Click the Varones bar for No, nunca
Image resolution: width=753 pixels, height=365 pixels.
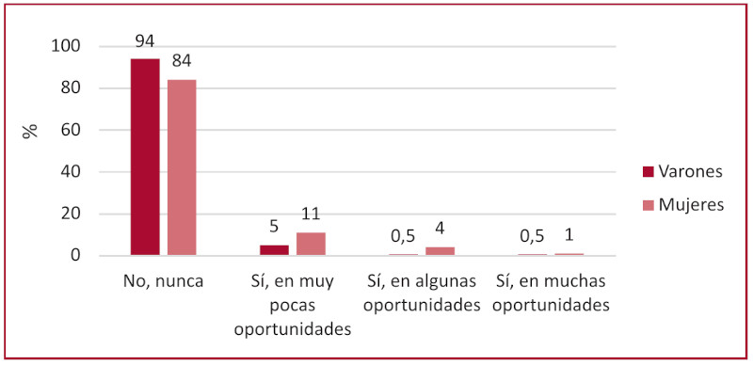(x=145, y=157)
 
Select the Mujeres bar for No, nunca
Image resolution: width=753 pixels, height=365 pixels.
(x=182, y=167)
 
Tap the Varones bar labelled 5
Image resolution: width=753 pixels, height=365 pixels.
(x=274, y=250)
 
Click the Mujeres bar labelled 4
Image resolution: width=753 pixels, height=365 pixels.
(x=440, y=251)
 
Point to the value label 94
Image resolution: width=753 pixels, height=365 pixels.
(x=145, y=40)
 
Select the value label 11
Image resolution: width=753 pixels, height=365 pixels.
(x=311, y=214)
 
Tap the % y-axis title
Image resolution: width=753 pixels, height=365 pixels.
(x=31, y=130)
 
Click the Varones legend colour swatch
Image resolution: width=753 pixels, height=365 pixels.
(x=648, y=171)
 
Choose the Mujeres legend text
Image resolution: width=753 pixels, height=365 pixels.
(x=692, y=204)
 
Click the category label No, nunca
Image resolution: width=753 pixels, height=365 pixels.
(x=164, y=281)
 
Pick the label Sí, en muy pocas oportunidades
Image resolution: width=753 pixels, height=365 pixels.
(x=293, y=305)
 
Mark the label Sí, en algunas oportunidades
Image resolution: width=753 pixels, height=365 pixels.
(x=422, y=293)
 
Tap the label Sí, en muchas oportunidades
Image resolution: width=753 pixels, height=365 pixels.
(x=551, y=293)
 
